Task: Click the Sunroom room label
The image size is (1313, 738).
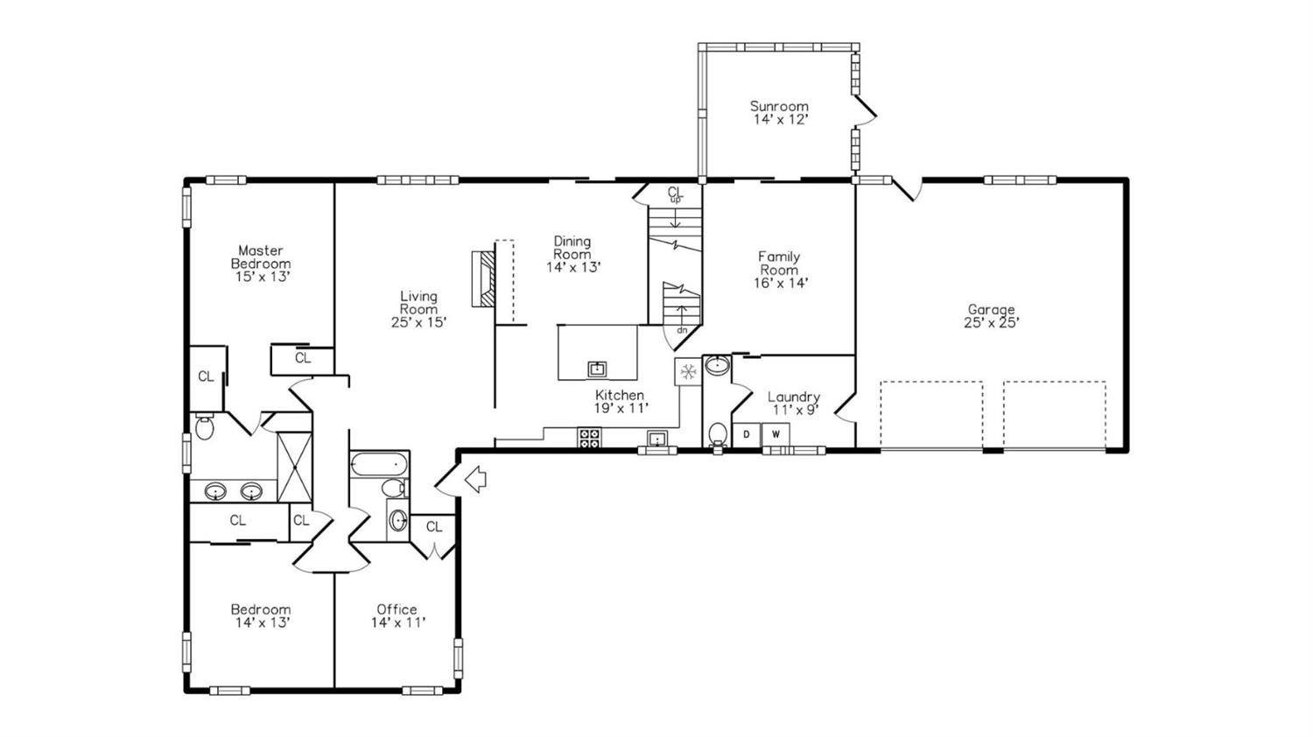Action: pyautogui.click(x=779, y=107)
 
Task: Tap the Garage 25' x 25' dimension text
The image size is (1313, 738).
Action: pyautogui.click(x=991, y=322)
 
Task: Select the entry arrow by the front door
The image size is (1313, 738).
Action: pyautogui.click(x=475, y=479)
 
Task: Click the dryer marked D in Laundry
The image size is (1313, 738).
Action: pyautogui.click(x=746, y=435)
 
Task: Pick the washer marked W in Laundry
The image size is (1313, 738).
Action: pyautogui.click(x=776, y=435)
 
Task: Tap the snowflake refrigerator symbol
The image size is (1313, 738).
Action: pyautogui.click(x=687, y=371)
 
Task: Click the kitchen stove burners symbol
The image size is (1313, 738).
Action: pyautogui.click(x=590, y=438)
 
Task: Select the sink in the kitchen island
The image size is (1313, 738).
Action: pyautogui.click(x=597, y=369)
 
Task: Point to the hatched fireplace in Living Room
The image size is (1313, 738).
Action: pyautogui.click(x=484, y=279)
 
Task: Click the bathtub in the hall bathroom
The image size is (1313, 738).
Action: pyautogui.click(x=379, y=466)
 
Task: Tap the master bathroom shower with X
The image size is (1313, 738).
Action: pyautogui.click(x=294, y=467)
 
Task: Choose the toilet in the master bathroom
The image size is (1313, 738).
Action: pyautogui.click(x=204, y=426)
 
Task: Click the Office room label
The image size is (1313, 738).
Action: pyautogui.click(x=397, y=609)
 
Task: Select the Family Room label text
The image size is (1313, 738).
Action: pyautogui.click(x=779, y=264)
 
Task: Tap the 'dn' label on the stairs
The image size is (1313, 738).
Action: pyautogui.click(x=682, y=330)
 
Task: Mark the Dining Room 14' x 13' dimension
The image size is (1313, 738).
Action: pyautogui.click(x=574, y=267)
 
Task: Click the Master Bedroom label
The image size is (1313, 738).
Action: pyautogui.click(x=261, y=257)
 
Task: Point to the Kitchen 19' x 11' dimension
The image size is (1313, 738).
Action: pyautogui.click(x=621, y=408)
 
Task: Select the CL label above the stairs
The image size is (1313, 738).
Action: pyautogui.click(x=676, y=192)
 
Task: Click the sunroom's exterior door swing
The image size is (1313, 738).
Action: pyautogui.click(x=865, y=109)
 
